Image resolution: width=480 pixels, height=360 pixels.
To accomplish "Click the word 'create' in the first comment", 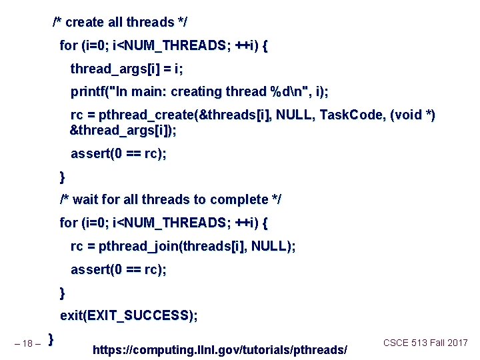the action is click(x=84, y=23).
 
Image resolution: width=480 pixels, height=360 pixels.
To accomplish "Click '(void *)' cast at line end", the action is click(x=413, y=115).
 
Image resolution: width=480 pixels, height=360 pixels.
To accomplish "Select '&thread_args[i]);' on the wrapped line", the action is click(x=123, y=131).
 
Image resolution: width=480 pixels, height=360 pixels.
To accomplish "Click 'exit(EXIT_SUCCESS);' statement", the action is click(x=129, y=315).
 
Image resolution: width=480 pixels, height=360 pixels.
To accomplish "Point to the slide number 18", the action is click(x=27, y=344).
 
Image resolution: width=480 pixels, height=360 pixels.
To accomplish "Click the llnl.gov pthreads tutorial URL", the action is click(x=220, y=349).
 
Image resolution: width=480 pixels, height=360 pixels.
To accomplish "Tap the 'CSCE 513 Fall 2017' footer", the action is click(x=425, y=343).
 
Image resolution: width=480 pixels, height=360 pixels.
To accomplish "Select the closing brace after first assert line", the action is click(x=63, y=177).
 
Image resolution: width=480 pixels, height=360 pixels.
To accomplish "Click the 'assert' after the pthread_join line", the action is click(x=91, y=270).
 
